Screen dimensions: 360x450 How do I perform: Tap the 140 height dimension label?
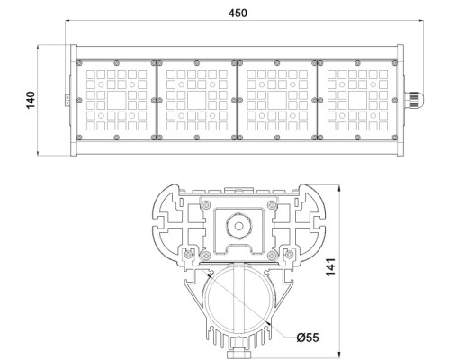coord(31,98)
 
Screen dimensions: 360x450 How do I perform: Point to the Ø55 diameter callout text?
coord(309,337)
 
